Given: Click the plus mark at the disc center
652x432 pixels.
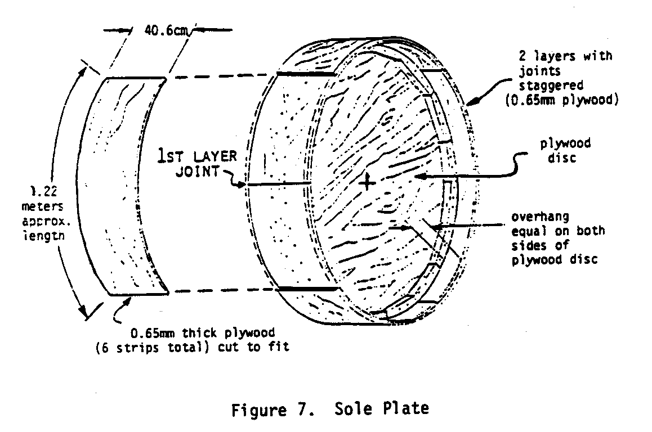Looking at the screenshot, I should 367,182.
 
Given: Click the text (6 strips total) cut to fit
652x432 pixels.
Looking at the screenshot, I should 192,347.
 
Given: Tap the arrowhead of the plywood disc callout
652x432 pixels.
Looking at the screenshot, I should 418,177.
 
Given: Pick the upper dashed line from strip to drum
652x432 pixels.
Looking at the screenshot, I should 222,76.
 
